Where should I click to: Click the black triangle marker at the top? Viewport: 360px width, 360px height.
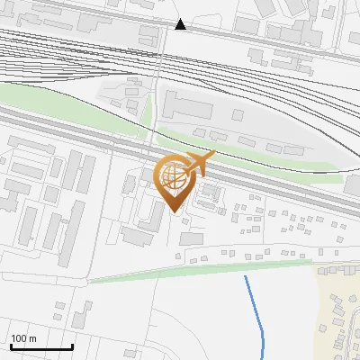181,24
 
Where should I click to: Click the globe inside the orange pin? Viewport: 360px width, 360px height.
173,177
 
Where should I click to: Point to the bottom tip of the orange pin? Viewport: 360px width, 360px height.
174,211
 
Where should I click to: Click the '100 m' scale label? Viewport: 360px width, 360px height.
23,338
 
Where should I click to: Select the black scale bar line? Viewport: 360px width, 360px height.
40,346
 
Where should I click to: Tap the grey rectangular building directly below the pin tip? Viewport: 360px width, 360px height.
191,238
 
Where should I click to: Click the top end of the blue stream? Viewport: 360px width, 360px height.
246,277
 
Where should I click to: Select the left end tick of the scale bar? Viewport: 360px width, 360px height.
10,346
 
